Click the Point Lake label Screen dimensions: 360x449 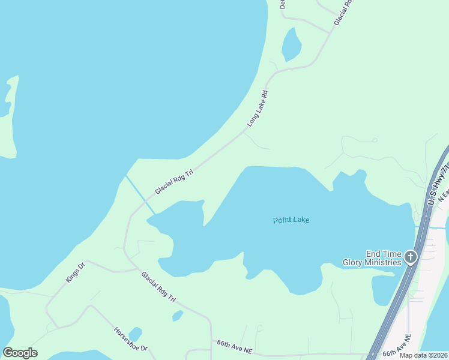point(291,220)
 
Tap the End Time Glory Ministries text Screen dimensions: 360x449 point(372,258)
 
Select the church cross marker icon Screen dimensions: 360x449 point(411,258)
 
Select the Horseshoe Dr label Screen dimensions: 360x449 point(130,340)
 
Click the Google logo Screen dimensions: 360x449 point(20,353)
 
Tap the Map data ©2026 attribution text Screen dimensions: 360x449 point(424,355)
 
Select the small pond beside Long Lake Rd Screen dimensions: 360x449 point(291,45)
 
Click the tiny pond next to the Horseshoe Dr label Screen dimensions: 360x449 point(135,334)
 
